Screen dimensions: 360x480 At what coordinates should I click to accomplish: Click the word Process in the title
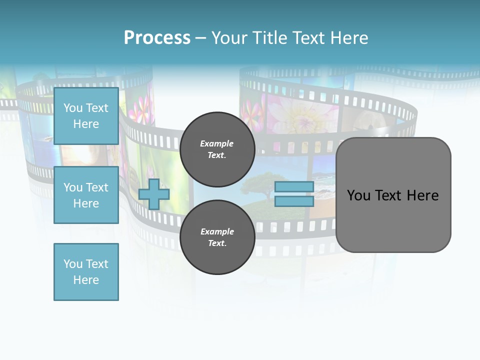157,38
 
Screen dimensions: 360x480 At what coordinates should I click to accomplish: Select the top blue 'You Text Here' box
86,116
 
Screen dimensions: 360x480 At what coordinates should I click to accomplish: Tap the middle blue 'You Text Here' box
86,195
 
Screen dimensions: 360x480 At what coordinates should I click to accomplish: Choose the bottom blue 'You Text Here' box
86,272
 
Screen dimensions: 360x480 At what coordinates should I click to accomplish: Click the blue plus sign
154,194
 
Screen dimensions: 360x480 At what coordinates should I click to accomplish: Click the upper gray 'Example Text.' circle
217,149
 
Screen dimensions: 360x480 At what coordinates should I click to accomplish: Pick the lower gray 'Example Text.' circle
217,237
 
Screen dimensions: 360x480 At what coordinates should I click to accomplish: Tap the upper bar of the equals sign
294,187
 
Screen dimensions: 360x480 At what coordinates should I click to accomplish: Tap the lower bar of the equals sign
294,201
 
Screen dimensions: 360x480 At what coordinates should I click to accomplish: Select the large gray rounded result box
393,220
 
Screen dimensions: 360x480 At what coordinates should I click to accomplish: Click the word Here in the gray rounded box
422,195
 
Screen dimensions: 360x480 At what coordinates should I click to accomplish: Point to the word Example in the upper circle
217,144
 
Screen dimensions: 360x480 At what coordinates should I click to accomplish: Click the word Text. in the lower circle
217,243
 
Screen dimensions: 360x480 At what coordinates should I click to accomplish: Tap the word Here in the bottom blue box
86,280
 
